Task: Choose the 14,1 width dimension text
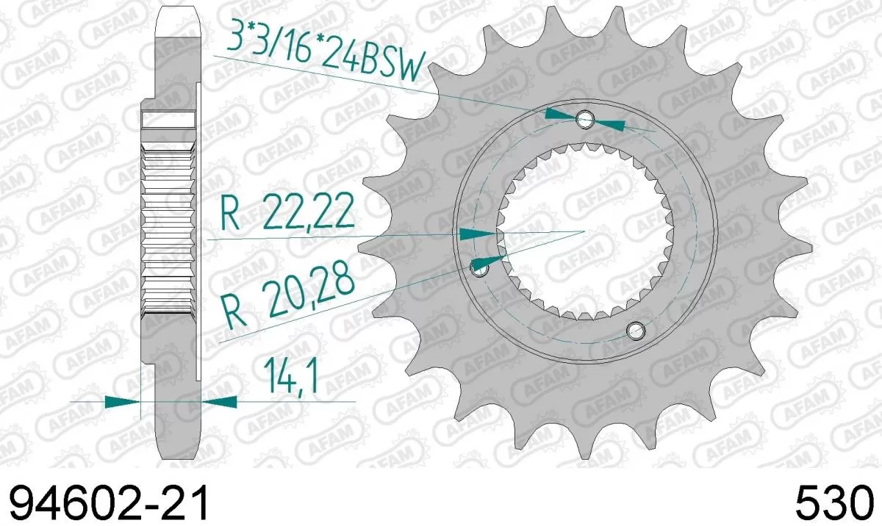[289, 381]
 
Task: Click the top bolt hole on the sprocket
[585, 119]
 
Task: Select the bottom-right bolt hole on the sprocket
[637, 329]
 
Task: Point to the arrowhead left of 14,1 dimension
[122, 402]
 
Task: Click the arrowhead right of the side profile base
[220, 402]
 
